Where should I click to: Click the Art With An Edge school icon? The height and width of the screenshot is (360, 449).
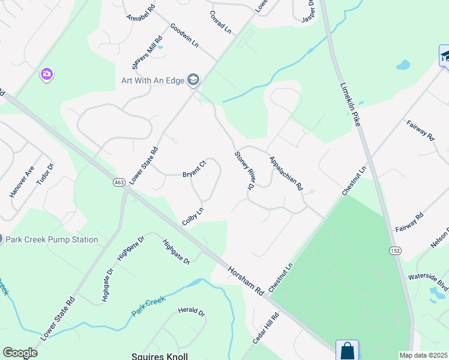tap(193, 79)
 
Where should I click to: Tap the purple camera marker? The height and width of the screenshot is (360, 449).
tap(46, 74)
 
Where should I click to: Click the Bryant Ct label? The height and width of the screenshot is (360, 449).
tap(194, 169)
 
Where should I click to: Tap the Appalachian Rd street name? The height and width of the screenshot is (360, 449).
tap(286, 173)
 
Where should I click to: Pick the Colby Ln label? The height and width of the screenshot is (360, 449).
tap(193, 217)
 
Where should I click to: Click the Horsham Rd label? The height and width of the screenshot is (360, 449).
tap(246, 280)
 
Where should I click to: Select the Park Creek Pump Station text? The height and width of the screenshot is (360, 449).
tap(52, 239)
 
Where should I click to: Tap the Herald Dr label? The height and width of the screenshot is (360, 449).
tap(191, 313)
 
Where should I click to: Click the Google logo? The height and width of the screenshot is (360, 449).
tap(20, 353)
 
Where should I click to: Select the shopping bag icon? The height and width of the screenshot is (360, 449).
tap(347, 350)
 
